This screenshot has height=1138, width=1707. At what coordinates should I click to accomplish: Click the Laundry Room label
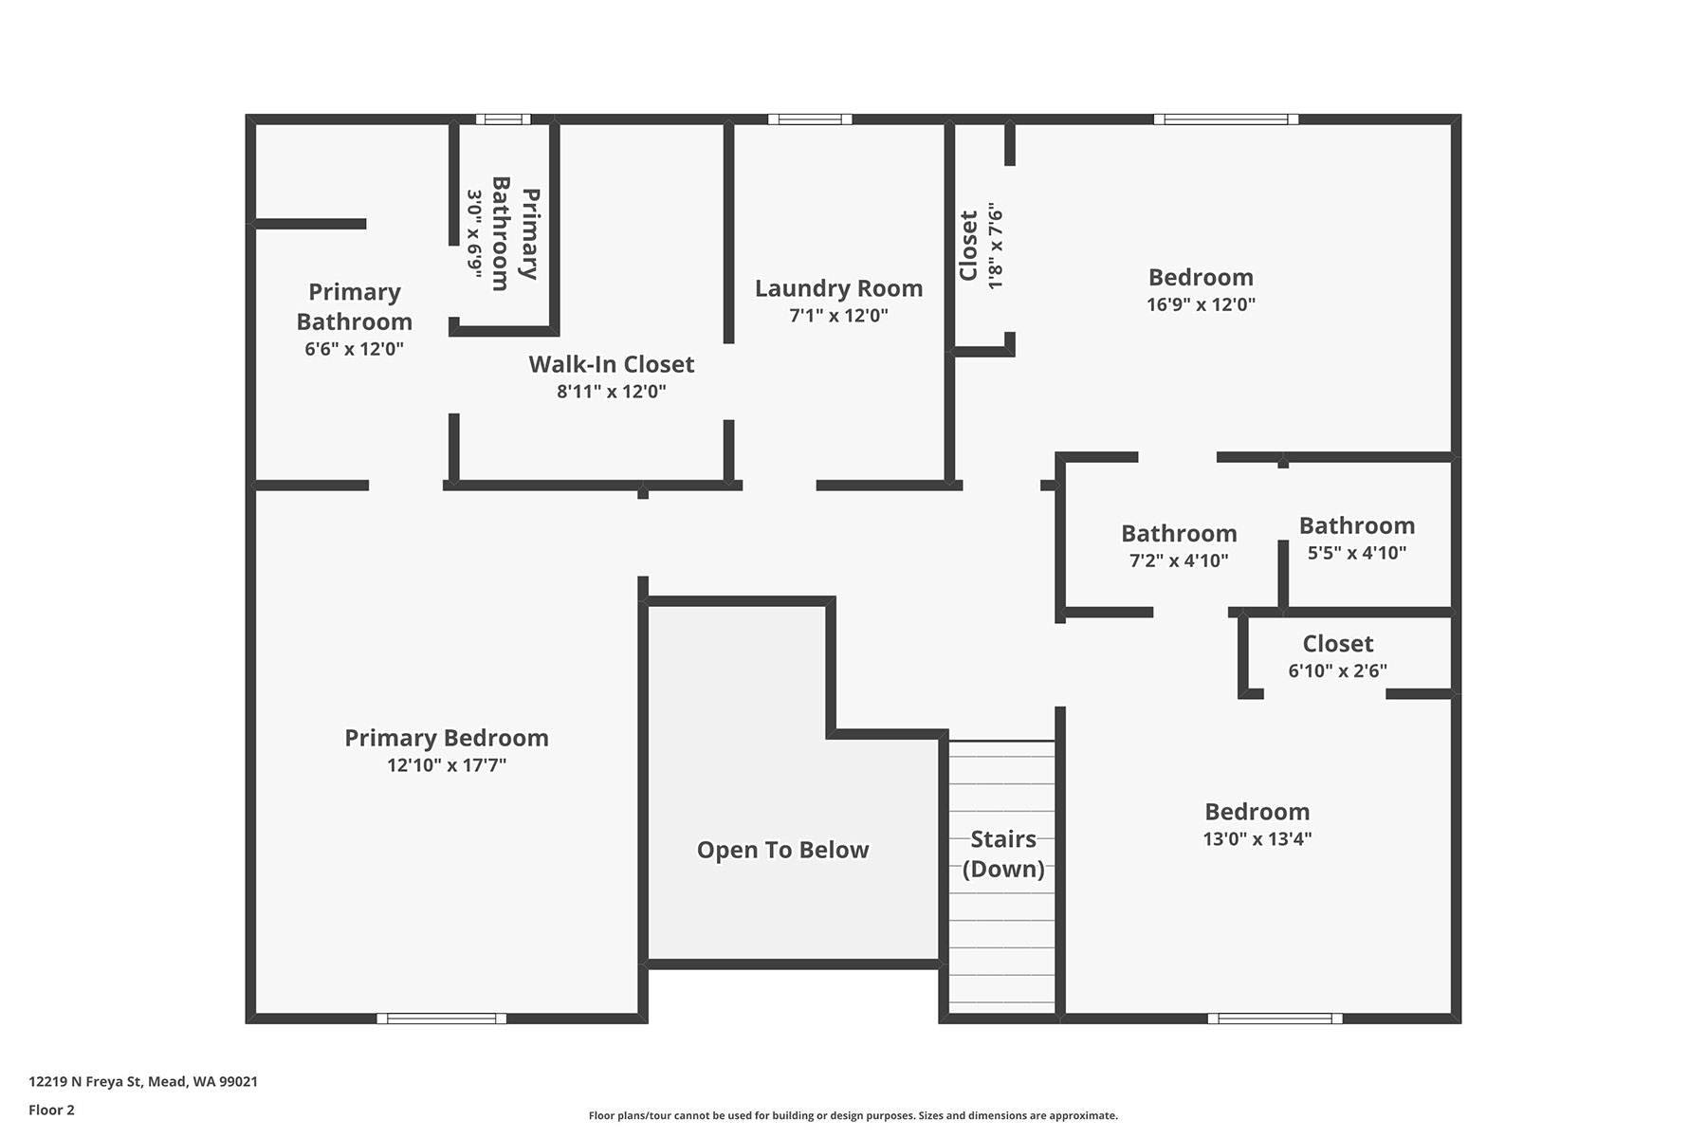(x=838, y=288)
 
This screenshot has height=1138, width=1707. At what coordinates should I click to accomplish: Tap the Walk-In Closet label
(x=612, y=364)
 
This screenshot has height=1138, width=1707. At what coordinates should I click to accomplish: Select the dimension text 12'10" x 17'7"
(x=447, y=765)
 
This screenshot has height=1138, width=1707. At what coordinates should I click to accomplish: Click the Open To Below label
(x=782, y=850)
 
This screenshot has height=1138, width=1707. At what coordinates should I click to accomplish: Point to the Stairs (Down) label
(x=1003, y=853)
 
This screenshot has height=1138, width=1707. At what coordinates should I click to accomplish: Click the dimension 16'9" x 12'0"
(x=1201, y=304)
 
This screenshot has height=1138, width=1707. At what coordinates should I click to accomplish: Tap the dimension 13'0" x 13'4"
(x=1257, y=838)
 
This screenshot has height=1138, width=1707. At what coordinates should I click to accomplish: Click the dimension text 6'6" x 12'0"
(x=355, y=349)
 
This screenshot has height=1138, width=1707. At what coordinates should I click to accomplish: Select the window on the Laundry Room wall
(x=810, y=119)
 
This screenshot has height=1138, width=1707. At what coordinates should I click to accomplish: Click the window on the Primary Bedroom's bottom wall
(x=442, y=1019)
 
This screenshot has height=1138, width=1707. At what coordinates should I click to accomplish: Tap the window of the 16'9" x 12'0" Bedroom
(x=1226, y=119)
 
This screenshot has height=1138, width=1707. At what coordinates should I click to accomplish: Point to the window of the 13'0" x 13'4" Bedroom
(x=1276, y=1019)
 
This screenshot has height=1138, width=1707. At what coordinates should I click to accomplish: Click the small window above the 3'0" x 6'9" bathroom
(x=503, y=119)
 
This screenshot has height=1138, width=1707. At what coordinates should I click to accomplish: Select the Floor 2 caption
(x=51, y=1110)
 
